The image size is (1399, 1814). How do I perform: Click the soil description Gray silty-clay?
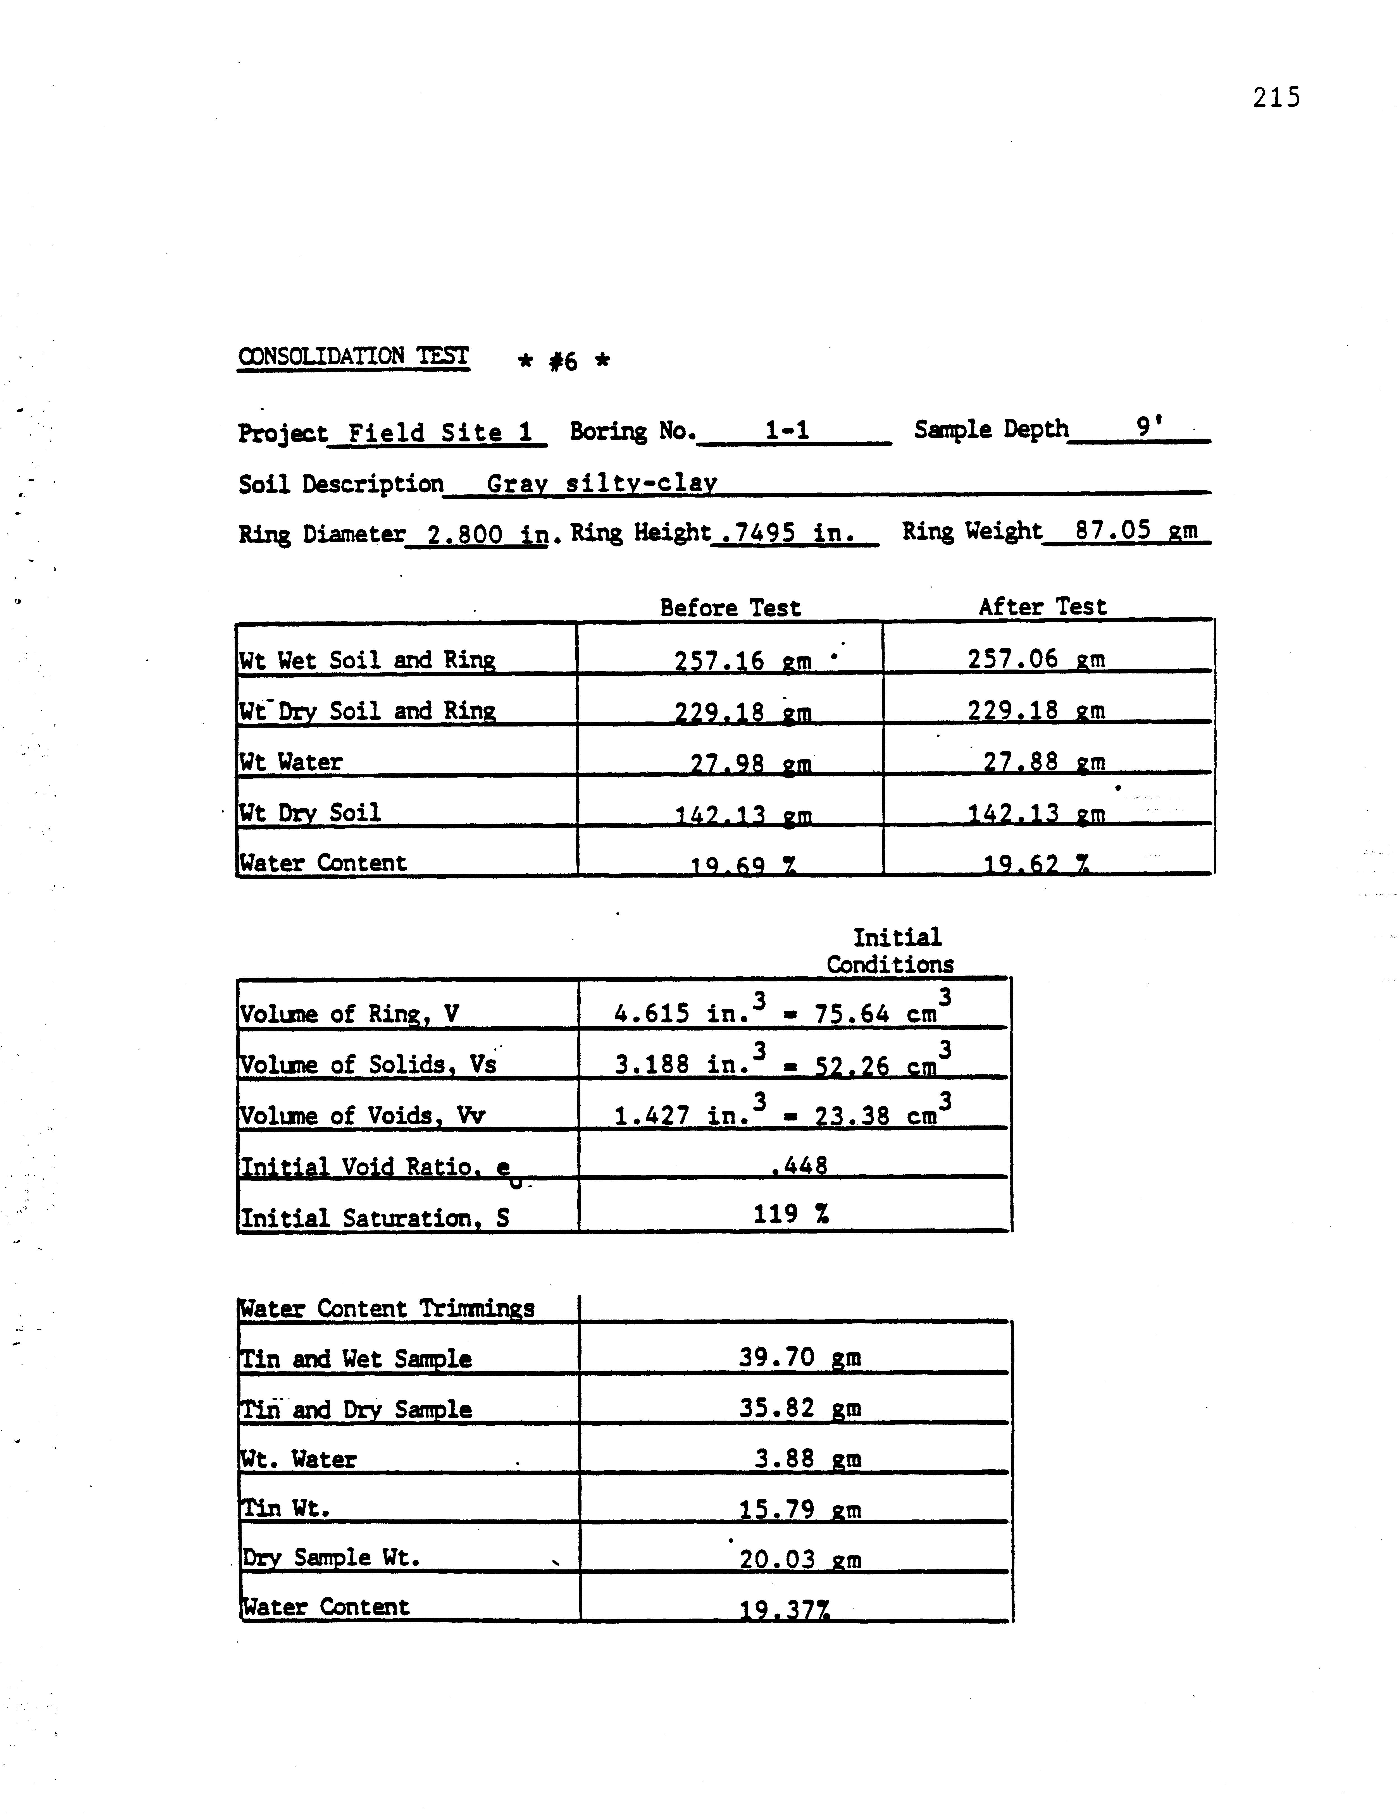(602, 483)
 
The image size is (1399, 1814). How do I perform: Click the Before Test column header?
(730, 608)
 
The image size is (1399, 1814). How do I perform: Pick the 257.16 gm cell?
(743, 661)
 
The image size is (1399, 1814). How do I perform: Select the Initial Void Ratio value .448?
(799, 1166)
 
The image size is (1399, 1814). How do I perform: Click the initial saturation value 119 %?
(791, 1215)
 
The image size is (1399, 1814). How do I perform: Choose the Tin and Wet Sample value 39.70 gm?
(799, 1358)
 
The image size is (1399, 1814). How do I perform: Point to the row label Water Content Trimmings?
(386, 1309)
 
